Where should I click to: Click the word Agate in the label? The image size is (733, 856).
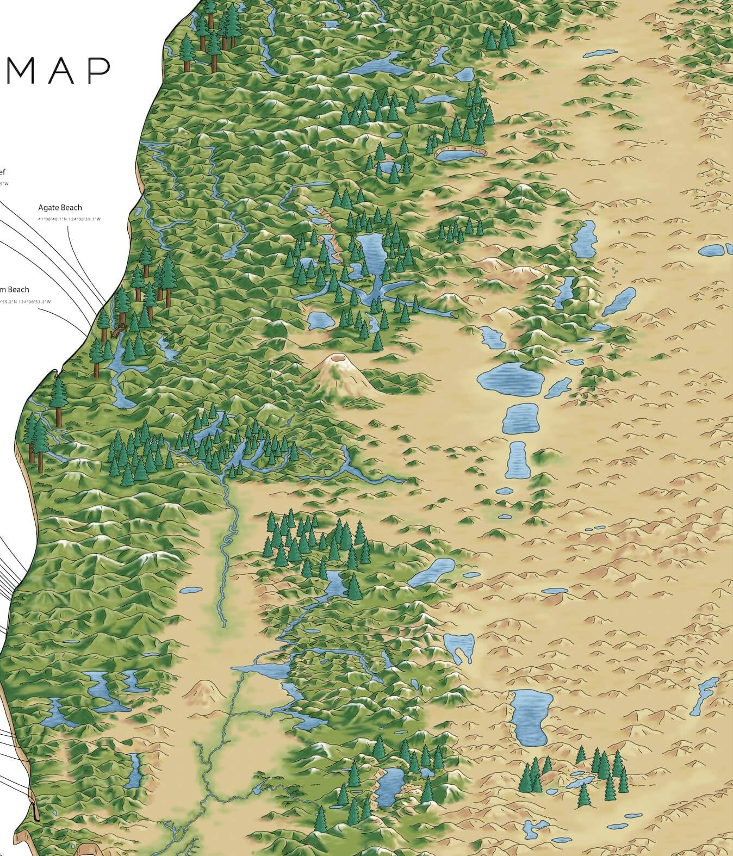coord(48,207)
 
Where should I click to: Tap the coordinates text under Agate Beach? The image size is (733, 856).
coord(70,219)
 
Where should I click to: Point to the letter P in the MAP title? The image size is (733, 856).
coord(98,71)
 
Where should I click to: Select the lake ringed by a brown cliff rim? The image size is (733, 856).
coord(459,154)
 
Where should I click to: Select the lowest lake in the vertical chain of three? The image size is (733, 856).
coord(517,460)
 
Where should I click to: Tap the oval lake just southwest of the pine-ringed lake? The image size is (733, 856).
coord(319,320)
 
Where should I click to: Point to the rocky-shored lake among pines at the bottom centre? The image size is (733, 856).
coord(391,786)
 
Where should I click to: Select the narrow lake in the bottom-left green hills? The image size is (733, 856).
coord(132,770)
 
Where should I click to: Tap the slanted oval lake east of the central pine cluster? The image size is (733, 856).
coord(431,572)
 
